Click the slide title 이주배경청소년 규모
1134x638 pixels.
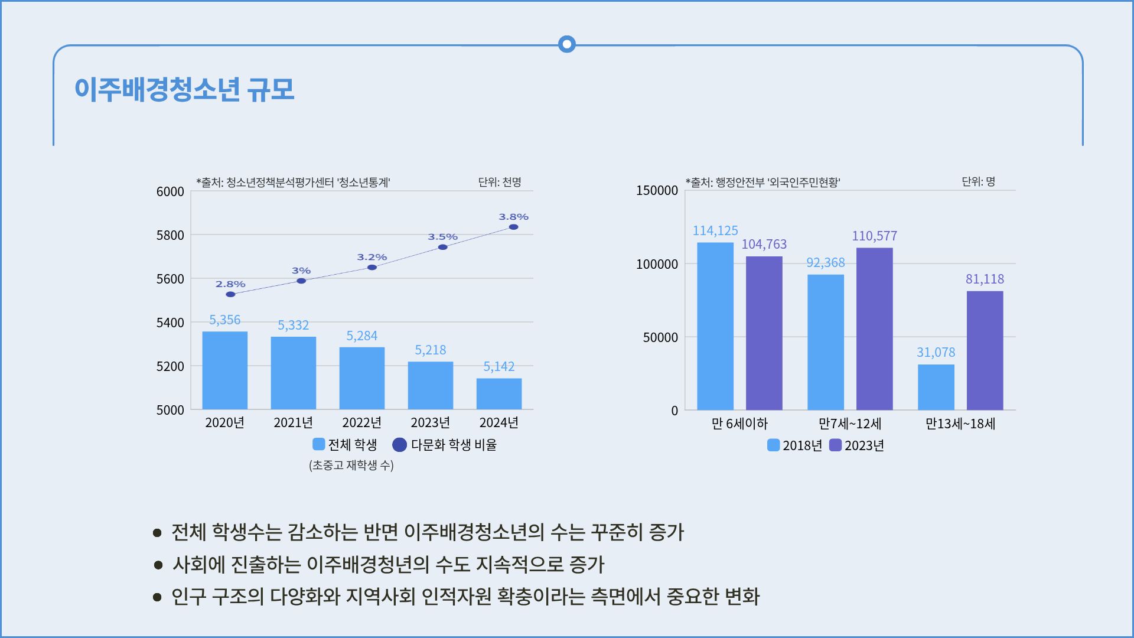184,90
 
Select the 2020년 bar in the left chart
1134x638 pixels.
224,370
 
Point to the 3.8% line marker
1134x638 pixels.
513,227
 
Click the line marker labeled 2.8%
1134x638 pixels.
230,294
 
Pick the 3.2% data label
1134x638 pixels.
372,257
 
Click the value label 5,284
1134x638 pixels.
361,336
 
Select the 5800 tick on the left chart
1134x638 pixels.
170,235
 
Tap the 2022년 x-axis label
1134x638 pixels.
361,422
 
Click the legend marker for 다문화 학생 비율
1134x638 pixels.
400,444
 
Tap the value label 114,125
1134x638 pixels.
715,230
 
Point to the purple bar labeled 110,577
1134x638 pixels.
874,328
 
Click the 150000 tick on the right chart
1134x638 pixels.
657,191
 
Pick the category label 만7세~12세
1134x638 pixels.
850,424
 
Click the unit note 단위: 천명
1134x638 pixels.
500,182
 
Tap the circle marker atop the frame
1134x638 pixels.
567,44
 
